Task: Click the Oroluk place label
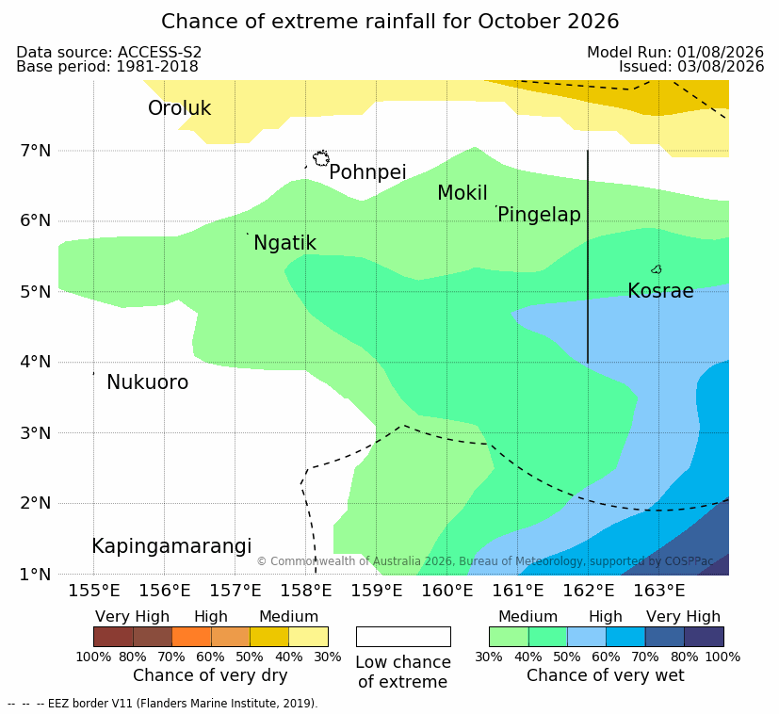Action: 179,108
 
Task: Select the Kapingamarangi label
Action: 171,546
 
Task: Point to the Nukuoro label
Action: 148,382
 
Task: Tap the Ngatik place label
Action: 284,243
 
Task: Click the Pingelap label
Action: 539,215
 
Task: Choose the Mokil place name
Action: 463,193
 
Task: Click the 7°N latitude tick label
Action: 36,151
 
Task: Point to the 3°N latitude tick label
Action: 36,433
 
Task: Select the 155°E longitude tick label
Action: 94,591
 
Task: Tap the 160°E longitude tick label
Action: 447,591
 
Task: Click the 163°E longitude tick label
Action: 658,591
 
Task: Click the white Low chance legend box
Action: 403,637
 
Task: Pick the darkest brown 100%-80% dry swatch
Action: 113,637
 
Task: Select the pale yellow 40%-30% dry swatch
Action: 309,637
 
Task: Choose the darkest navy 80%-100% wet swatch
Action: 704,637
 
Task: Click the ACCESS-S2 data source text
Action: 159,52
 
